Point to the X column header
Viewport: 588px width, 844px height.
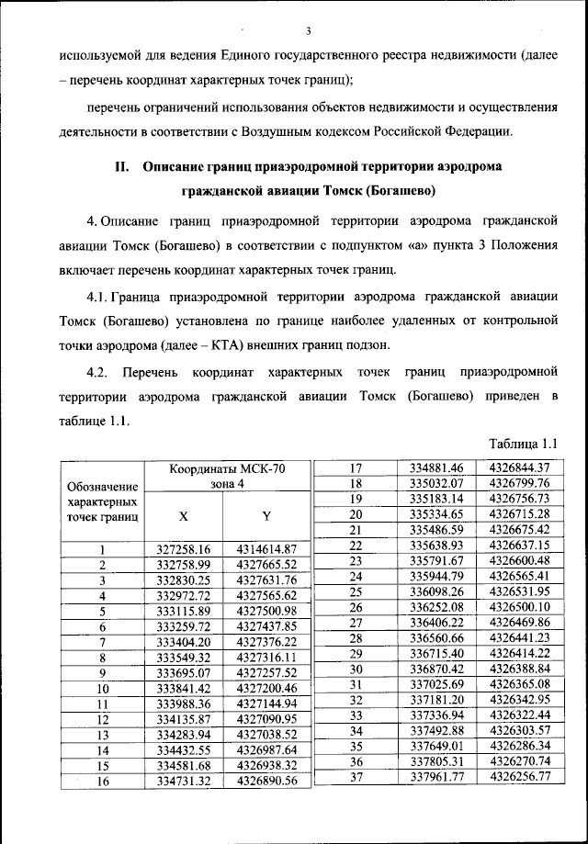tap(184, 515)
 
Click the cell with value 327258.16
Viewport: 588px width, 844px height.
tap(184, 549)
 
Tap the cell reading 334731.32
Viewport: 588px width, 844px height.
tap(184, 781)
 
